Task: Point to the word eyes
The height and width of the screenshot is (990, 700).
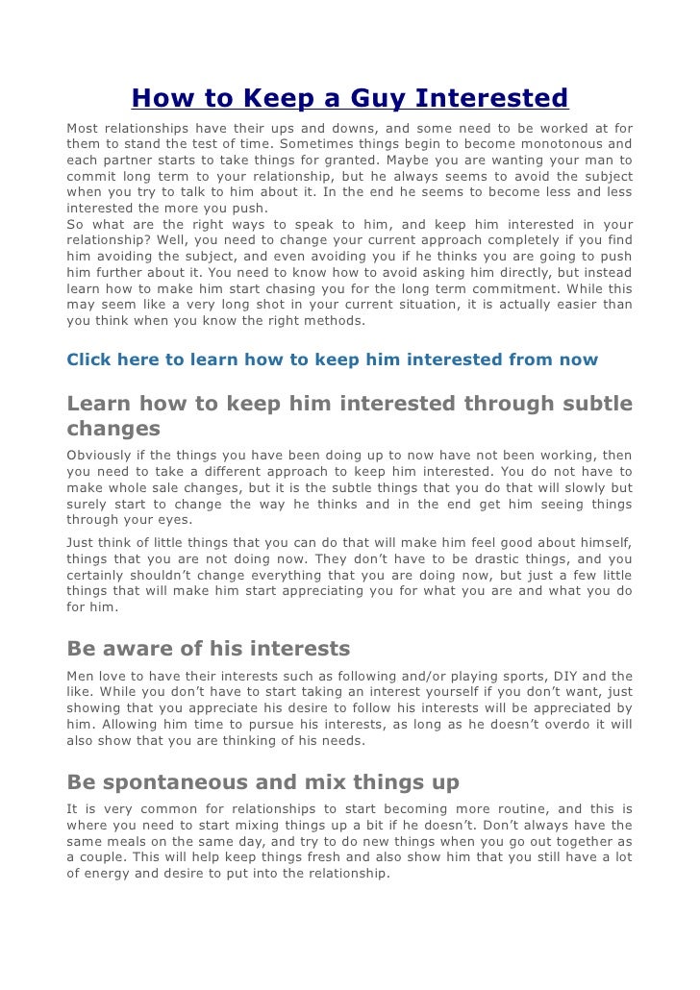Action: pyautogui.click(x=171, y=520)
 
